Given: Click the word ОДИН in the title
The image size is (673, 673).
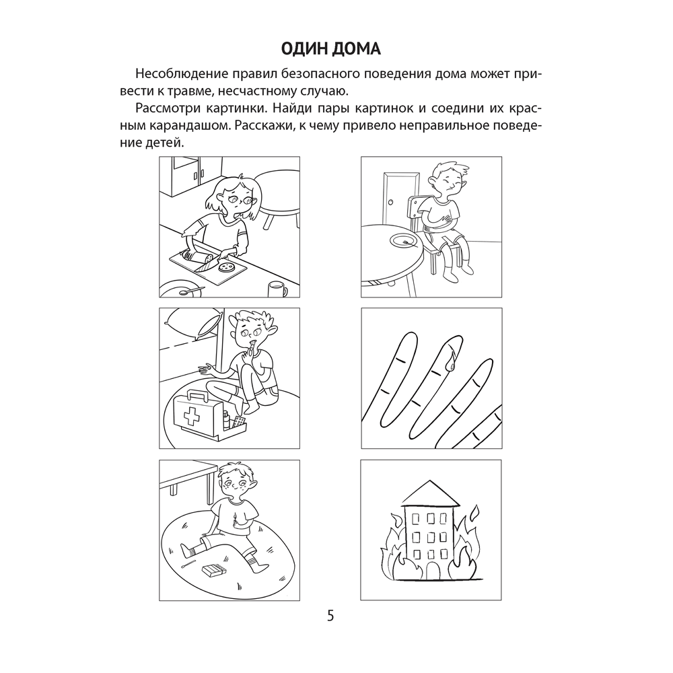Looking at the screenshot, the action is tap(304, 49).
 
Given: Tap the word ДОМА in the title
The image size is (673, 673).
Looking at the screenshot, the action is tap(357, 49).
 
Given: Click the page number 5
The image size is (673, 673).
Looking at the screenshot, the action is tap(330, 616).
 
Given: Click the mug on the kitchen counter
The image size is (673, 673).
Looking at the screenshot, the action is tap(277, 289).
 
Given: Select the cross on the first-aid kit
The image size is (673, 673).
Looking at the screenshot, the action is tap(189, 416).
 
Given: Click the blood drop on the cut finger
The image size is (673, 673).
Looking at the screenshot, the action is tap(450, 363).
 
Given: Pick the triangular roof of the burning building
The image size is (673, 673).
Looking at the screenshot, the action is tap(431, 493).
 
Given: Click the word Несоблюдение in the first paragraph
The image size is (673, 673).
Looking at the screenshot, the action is tap(182, 74).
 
